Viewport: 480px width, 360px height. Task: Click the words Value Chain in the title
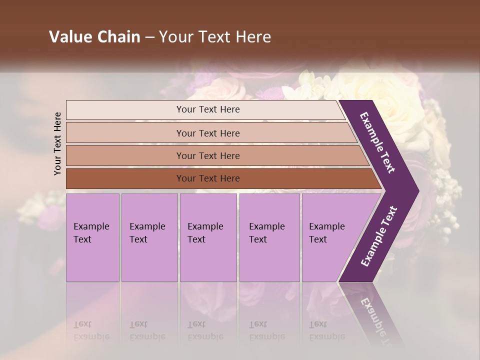pos(94,37)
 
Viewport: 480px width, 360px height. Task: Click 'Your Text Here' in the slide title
pos(215,37)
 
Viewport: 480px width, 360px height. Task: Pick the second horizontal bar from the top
pos(208,133)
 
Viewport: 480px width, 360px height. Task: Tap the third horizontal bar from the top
pos(208,155)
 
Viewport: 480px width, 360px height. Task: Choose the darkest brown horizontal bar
pos(208,178)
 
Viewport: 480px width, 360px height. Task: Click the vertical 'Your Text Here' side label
pos(57,143)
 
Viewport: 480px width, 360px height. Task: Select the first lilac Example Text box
pos(92,237)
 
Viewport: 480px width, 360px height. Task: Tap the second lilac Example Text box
pos(149,237)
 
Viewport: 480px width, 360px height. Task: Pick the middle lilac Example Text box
pos(208,237)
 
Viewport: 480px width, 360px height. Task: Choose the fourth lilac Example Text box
pos(269,237)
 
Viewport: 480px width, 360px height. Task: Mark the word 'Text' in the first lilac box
pos(82,239)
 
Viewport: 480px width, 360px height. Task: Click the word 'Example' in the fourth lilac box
pos(266,226)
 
